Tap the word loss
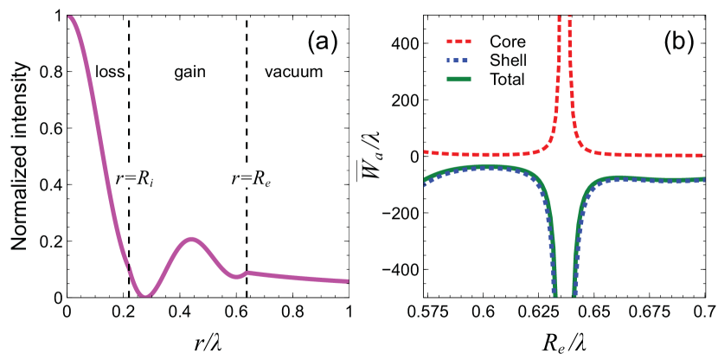(x=109, y=72)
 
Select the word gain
(x=189, y=72)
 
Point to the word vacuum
(x=292, y=72)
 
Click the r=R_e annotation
(x=252, y=180)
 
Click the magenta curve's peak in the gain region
(x=191, y=239)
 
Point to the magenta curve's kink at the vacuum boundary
(x=247, y=273)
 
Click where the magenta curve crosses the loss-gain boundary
(x=129, y=263)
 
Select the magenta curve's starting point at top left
(x=69, y=17)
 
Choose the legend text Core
(x=507, y=42)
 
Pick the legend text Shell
(x=508, y=60)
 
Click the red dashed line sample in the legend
(x=460, y=42)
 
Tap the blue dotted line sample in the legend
(x=460, y=61)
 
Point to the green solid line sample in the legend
(x=460, y=80)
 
